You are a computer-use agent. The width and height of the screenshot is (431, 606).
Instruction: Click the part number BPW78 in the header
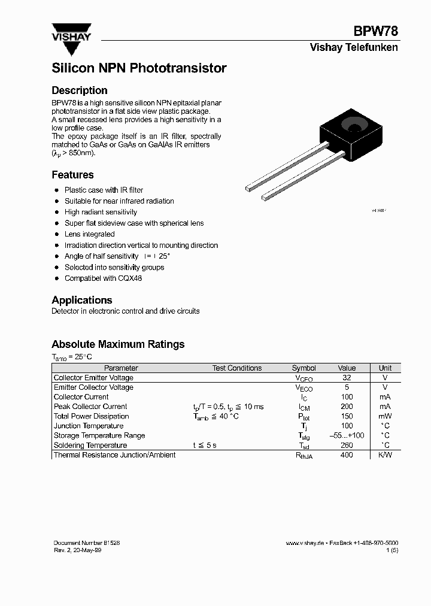coord(375,32)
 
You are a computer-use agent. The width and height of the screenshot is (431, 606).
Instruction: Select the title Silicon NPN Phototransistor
coord(139,68)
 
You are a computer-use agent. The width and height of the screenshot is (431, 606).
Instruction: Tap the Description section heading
coord(80,90)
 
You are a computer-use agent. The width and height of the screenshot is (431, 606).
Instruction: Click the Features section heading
coord(72,175)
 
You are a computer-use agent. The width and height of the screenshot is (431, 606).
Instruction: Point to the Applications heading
coord(82,300)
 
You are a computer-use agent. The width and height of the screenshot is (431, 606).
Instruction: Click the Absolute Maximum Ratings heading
coord(118,344)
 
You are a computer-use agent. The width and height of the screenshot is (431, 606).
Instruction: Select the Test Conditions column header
coord(236,368)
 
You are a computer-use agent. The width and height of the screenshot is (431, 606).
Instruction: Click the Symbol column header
coord(303,368)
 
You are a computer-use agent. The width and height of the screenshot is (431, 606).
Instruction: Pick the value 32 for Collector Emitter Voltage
coord(347,378)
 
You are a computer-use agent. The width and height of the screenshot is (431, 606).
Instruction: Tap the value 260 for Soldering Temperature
coord(347,446)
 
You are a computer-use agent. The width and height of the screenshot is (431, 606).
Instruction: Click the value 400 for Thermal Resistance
coord(347,455)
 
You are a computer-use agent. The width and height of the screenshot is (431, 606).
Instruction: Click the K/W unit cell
coord(385,455)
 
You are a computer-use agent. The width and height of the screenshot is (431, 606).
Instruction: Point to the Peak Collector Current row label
coord(90,407)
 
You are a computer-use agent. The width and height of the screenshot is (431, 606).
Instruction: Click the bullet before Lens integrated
coord(56,234)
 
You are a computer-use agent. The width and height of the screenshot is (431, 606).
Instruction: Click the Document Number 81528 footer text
coord(86,543)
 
